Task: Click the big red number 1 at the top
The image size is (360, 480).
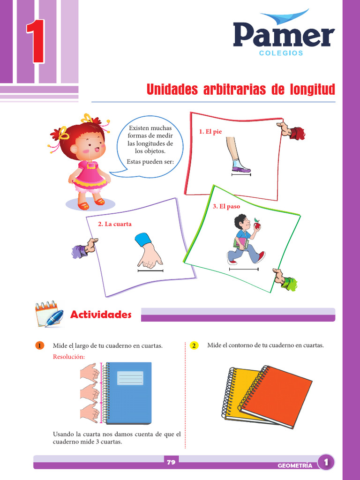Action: point(36,42)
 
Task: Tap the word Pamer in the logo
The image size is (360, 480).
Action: point(284,36)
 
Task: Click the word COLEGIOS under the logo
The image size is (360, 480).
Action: point(281,53)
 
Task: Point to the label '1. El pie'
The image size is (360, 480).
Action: point(210,132)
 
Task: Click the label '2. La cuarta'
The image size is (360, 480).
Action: point(115,224)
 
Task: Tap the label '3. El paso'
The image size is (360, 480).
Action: point(226,206)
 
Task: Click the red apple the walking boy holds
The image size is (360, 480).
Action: point(257,225)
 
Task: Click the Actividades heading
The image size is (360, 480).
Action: point(101,315)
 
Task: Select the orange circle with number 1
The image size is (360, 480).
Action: point(39,346)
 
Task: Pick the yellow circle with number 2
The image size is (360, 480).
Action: point(194,346)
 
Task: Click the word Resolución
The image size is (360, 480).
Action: point(69,357)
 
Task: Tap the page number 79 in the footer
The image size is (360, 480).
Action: point(171,463)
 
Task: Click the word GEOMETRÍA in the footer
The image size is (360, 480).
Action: point(295,465)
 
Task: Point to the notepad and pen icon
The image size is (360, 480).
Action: point(49,315)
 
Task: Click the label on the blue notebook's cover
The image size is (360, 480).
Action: point(130,378)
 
